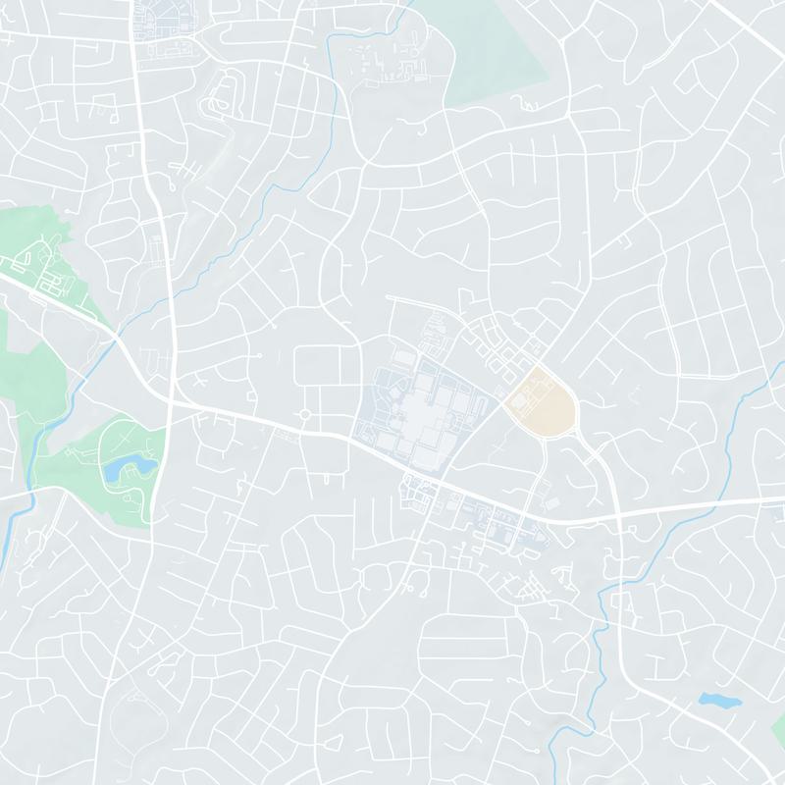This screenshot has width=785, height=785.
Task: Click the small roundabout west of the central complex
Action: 305,415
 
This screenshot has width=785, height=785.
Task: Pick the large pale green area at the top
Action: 491,49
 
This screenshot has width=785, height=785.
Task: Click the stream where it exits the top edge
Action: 404,3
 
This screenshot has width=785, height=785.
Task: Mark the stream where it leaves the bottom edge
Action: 551,781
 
